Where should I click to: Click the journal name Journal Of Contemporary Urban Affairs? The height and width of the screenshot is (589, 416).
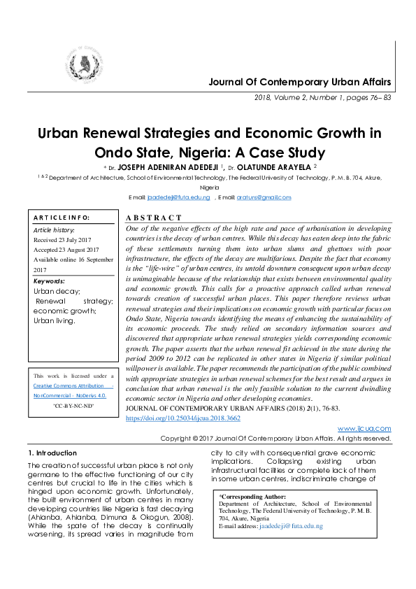[x=300, y=83]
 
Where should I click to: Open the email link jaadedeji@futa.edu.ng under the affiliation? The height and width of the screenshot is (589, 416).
[x=179, y=197]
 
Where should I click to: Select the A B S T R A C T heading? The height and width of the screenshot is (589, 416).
[x=153, y=218]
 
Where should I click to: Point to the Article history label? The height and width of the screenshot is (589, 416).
[x=54, y=229]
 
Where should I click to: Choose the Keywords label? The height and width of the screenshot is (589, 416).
[x=49, y=281]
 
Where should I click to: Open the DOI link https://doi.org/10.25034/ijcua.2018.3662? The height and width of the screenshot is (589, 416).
[x=182, y=417]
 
